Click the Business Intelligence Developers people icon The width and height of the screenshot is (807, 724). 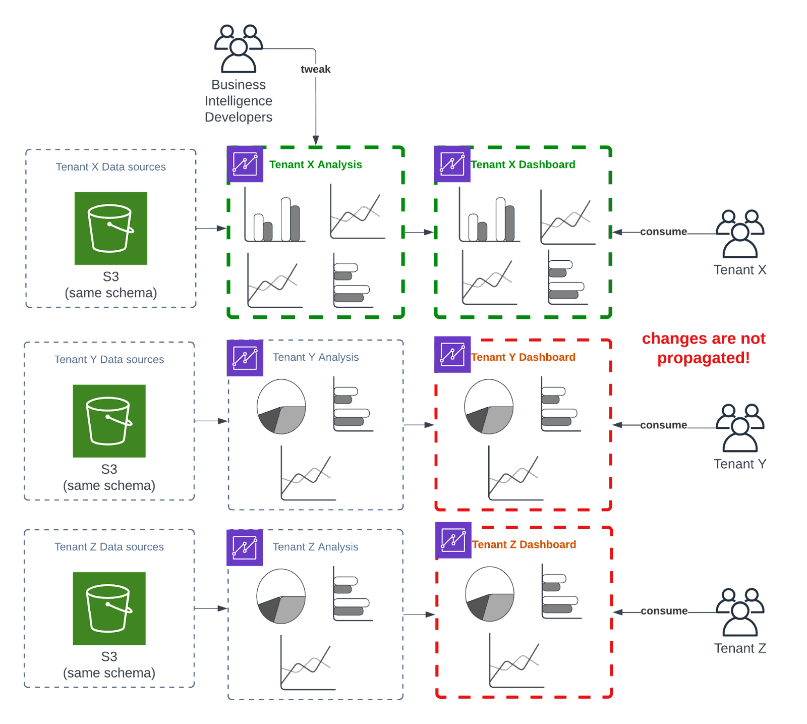point(239,48)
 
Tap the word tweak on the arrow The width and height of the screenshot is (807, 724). point(316,69)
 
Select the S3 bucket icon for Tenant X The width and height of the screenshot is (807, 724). point(111,228)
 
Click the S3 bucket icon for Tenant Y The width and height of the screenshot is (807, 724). point(109,421)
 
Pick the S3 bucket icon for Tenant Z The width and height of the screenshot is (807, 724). point(109,608)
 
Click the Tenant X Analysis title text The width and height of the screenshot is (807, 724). point(316,164)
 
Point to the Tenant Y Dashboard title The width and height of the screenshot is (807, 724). point(523,357)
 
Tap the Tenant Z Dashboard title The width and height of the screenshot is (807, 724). point(524,544)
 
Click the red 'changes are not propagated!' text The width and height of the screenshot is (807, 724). point(704,348)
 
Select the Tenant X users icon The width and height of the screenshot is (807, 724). point(740,234)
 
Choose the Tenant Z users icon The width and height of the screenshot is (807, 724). point(740,611)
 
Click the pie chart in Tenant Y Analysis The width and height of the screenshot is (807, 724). point(281,407)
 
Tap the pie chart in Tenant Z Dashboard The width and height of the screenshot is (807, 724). point(489,594)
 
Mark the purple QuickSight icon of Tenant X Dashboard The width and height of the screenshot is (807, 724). point(452,164)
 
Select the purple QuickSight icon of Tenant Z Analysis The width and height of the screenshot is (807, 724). point(245,547)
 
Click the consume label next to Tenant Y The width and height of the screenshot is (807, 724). point(663,425)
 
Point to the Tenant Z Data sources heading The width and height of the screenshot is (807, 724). point(109,547)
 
